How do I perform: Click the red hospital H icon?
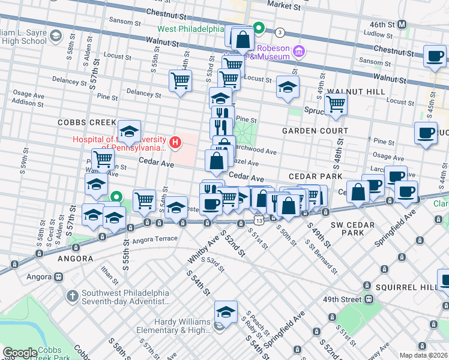pyautogui.click(x=175, y=142)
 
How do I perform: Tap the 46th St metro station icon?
pyautogui.click(x=403, y=24)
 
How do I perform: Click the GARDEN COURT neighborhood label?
pyautogui.click(x=315, y=130)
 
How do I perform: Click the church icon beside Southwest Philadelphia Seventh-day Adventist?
pyautogui.click(x=71, y=296)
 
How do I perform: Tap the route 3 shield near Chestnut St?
pyautogui.click(x=280, y=31)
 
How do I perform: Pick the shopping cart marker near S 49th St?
pyautogui.click(x=336, y=103)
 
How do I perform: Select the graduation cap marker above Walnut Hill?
pyautogui.click(x=288, y=86)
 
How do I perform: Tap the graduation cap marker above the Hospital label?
pyautogui.click(x=128, y=130)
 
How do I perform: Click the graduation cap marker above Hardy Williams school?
pyautogui.click(x=226, y=311)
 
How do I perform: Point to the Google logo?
pyautogui.click(x=19, y=353)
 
